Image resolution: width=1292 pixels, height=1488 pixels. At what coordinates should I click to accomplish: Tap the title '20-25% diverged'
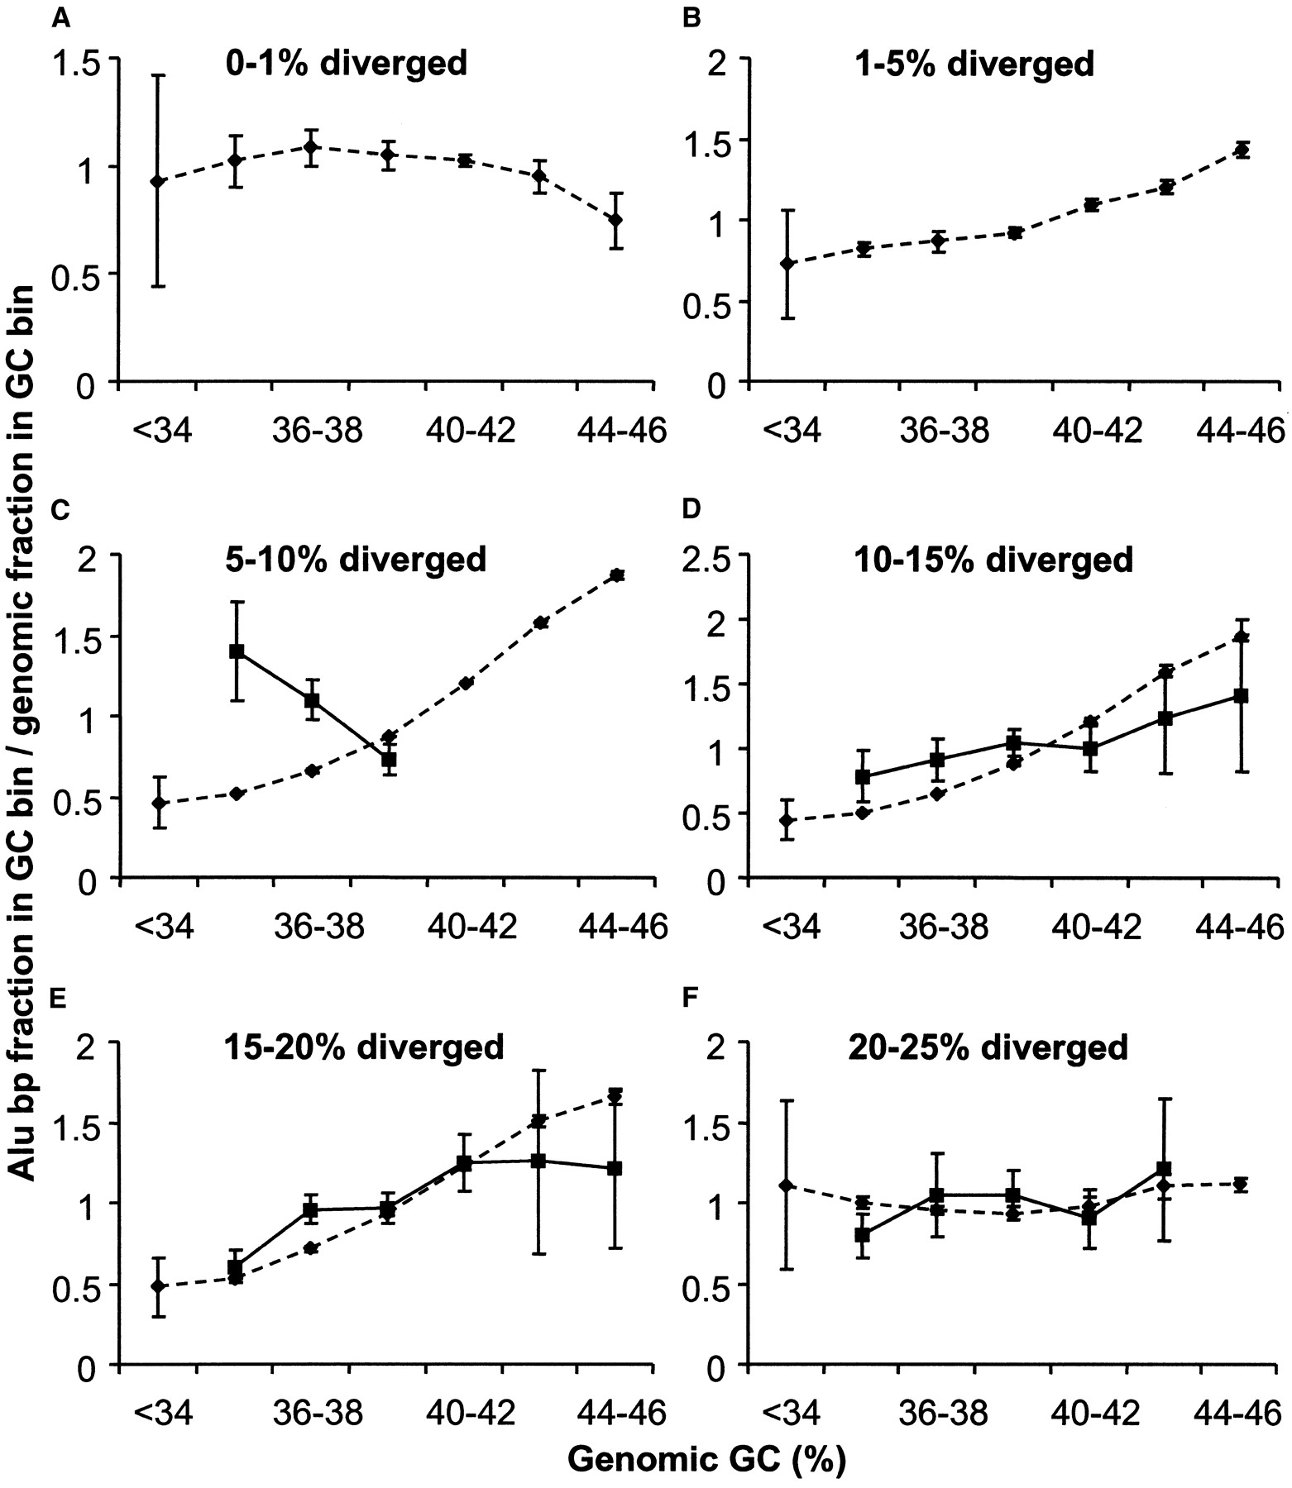988,1047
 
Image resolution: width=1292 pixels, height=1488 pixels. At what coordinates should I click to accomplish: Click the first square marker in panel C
237,651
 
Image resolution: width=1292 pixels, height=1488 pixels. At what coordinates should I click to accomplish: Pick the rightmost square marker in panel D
1241,696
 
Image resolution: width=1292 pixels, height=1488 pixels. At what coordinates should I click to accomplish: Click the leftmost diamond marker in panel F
787,1185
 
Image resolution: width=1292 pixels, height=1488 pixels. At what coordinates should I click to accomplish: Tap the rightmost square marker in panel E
615,1168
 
